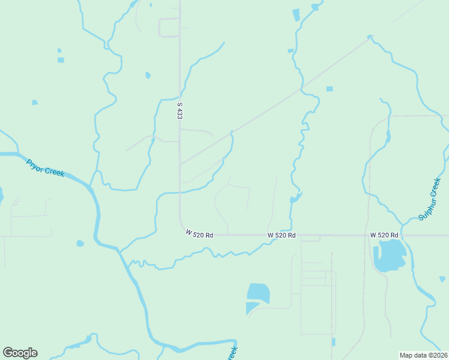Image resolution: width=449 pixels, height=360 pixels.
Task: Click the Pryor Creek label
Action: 45,167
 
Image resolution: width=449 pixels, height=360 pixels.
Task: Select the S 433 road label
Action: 179,110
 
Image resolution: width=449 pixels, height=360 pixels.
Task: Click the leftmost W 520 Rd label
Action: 199,234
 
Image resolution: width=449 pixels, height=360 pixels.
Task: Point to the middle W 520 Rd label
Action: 282,235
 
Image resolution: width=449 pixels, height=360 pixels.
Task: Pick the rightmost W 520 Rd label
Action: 384,235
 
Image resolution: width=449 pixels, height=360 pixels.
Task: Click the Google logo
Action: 20,353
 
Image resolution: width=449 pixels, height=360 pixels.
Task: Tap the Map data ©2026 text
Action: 423,355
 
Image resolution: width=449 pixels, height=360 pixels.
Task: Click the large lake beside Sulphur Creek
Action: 388,256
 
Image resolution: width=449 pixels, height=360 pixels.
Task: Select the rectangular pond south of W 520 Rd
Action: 258,293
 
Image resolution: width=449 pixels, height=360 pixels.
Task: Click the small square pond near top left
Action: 61,60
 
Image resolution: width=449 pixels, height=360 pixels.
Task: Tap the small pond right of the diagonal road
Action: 329,89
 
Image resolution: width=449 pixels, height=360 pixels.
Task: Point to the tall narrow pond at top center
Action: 295,15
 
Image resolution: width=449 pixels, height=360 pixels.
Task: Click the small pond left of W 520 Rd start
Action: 80,243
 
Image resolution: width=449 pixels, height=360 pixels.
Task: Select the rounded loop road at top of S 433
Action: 169,28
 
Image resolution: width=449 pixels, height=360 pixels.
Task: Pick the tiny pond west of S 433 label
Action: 148,75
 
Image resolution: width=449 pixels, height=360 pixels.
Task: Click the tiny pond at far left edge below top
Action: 34,103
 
